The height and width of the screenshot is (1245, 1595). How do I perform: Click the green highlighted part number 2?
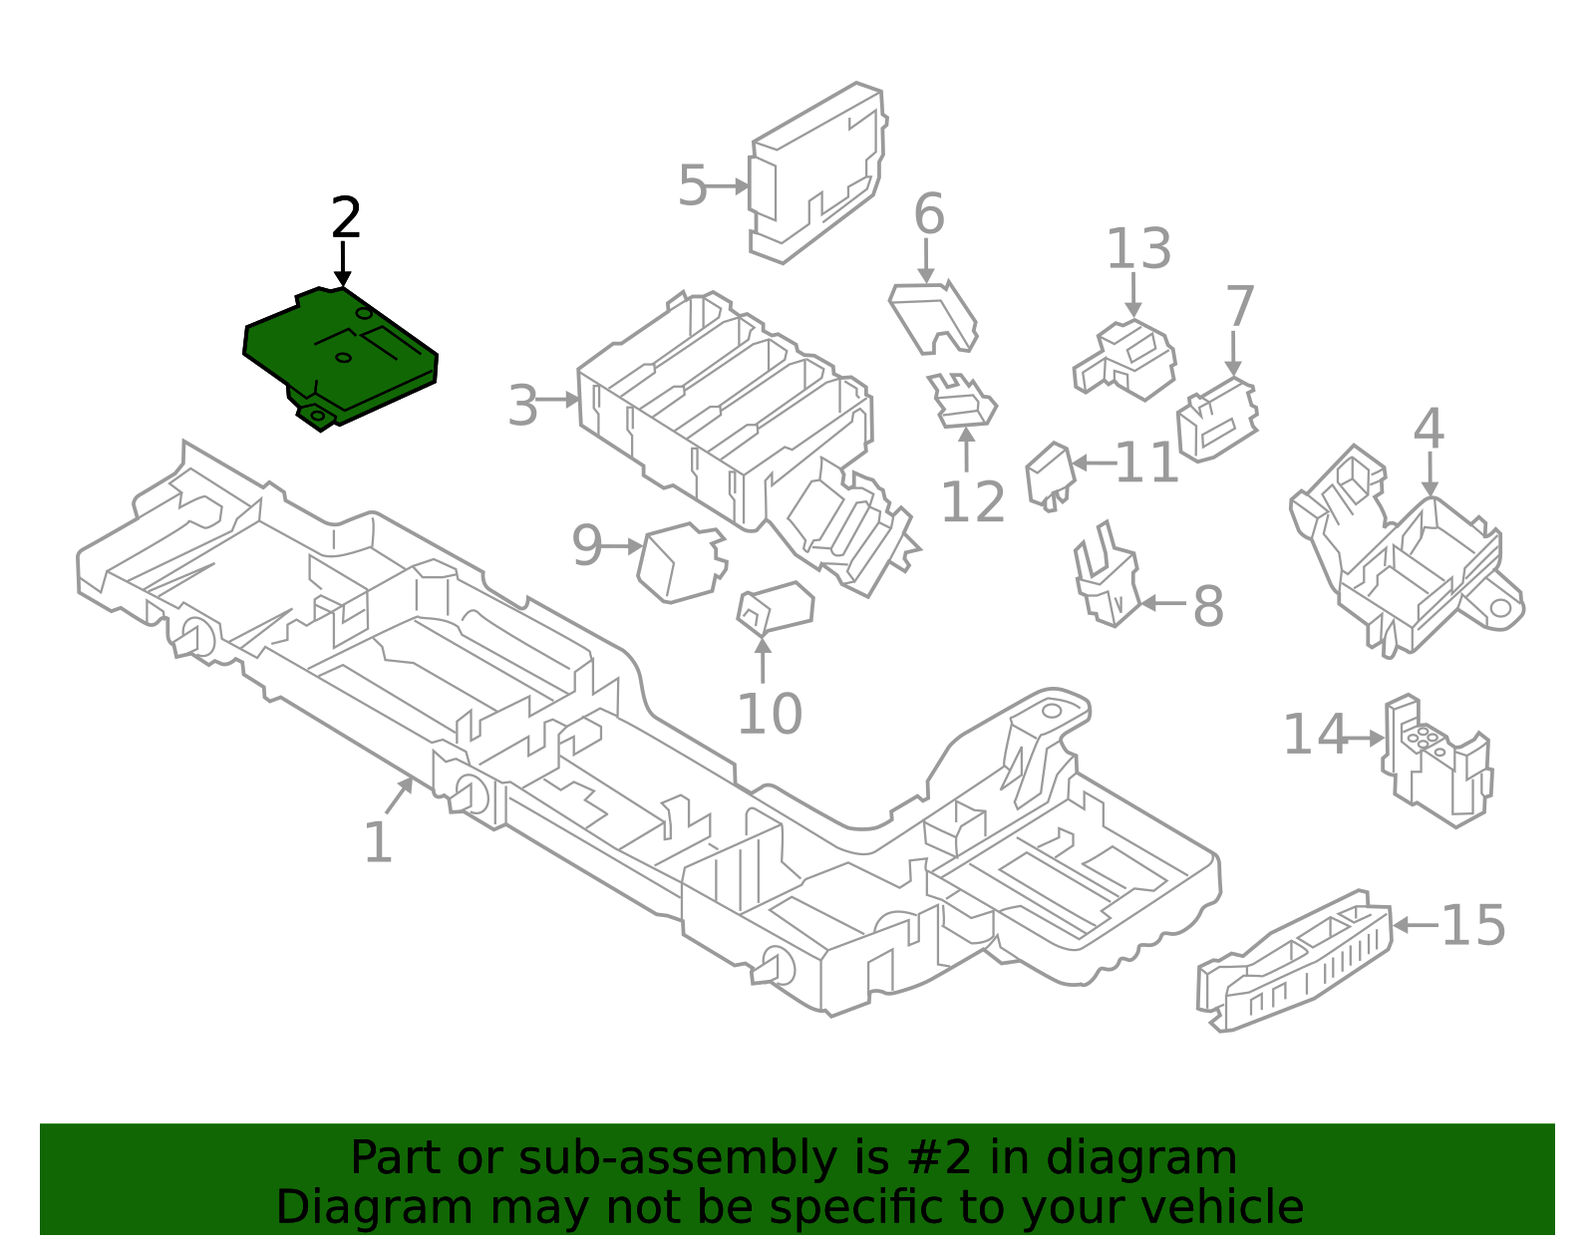339,357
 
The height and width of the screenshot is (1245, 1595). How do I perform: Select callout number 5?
692,185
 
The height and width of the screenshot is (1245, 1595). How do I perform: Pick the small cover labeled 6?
932,314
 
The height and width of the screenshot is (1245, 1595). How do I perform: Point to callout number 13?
1137,248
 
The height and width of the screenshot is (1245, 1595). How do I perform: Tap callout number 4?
1428,429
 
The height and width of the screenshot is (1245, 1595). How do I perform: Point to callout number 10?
769,714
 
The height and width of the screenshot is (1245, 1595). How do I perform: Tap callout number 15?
1472,925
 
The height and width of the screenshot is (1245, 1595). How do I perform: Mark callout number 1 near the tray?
378,843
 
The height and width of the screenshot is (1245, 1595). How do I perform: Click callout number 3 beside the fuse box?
522,406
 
